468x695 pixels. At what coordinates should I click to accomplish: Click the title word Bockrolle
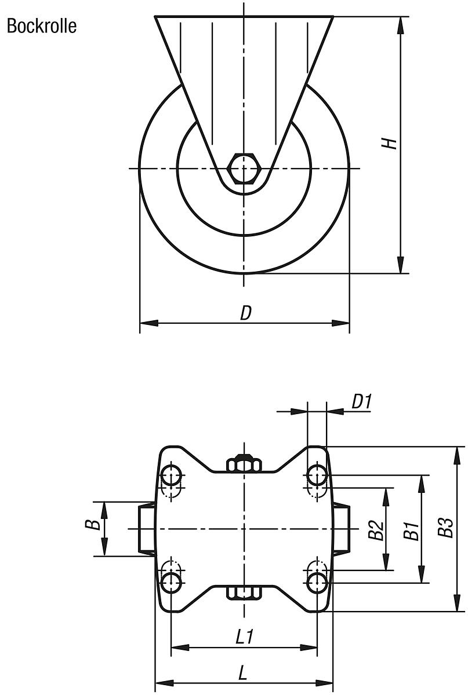pos(41,27)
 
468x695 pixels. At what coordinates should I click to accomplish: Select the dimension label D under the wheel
pos(246,313)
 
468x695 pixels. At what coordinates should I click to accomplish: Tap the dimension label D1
pos(361,401)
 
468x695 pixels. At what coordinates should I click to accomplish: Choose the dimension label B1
pos(411,531)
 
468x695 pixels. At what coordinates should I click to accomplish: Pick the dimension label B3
pos(445,527)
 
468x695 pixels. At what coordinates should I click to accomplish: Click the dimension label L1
pos(244,637)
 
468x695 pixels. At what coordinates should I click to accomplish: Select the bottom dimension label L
pos(244,673)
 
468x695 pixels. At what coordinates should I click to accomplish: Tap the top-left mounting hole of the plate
pos(171,475)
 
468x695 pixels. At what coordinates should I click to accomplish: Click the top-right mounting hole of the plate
pos(317,475)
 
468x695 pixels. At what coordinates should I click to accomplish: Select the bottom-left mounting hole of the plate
pos(171,582)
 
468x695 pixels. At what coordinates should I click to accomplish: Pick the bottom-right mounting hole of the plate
pos(317,582)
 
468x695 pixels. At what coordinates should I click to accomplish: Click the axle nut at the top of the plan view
pos(244,464)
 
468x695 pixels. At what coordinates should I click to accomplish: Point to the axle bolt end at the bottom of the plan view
pos(244,592)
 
